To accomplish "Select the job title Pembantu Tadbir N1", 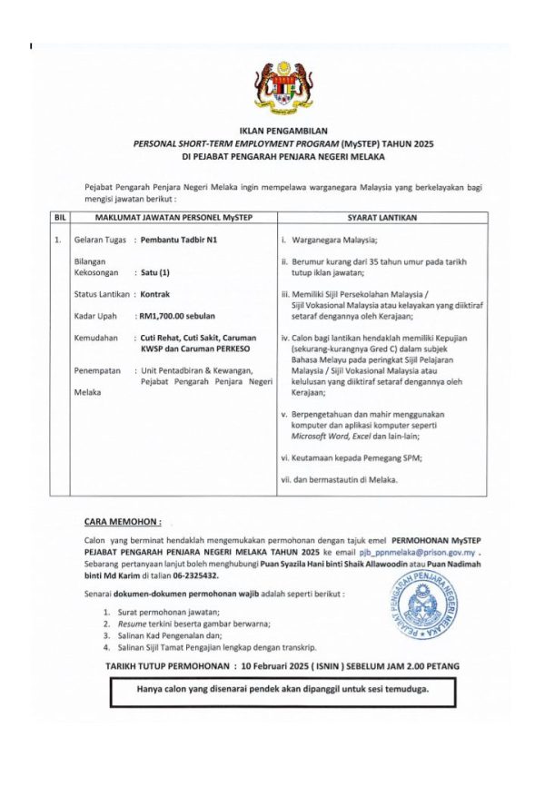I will [179, 241].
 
